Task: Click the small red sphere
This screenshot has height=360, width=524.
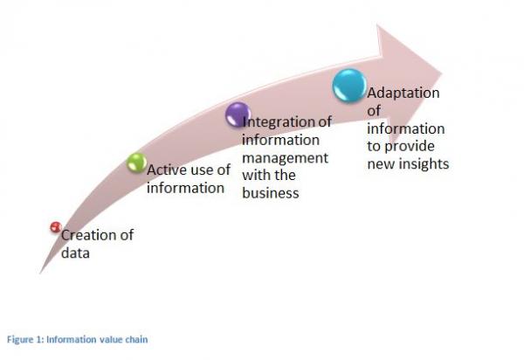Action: [56, 227]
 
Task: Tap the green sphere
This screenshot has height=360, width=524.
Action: [137, 163]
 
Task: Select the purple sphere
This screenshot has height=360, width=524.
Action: [238, 114]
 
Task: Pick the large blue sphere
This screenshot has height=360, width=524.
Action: [349, 86]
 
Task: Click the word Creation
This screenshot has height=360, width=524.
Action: [88, 235]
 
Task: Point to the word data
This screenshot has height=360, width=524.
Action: [75, 253]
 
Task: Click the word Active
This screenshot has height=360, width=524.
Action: [167, 170]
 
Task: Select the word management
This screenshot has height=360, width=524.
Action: [285, 158]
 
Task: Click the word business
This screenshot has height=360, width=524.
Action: [271, 193]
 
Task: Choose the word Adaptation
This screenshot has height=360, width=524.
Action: [403, 93]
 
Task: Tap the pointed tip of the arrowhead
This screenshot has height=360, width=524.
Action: [442, 74]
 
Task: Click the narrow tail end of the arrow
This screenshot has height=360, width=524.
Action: [40, 273]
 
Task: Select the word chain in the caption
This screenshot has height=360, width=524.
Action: [136, 340]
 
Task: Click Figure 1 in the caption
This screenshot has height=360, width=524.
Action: [25, 340]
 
